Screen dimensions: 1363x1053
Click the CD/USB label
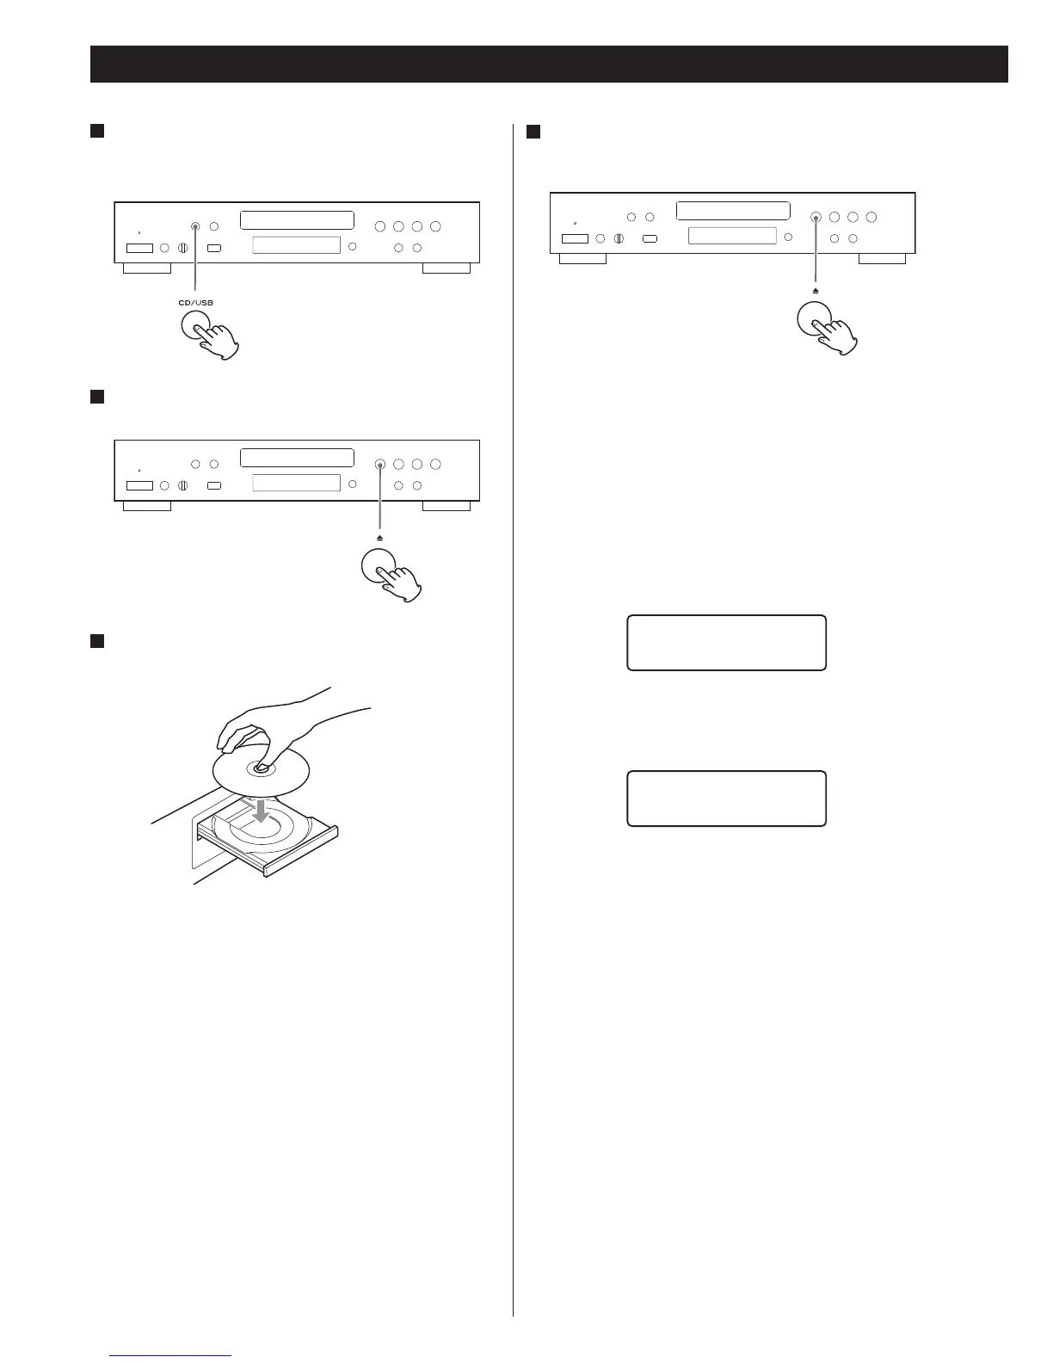195,302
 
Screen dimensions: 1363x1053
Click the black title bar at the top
549,64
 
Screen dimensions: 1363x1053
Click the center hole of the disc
258,768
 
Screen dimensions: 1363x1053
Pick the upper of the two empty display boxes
726,643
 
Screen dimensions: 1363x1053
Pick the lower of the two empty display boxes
726,799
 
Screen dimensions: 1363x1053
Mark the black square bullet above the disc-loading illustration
97,641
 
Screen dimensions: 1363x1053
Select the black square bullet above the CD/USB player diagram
97,131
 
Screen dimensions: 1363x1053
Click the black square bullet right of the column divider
533,131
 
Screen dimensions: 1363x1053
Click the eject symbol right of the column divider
814,291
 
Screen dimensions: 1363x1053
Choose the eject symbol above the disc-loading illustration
379,538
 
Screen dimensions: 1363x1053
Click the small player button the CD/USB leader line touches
195,226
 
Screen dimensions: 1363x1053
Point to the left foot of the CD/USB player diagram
147,268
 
